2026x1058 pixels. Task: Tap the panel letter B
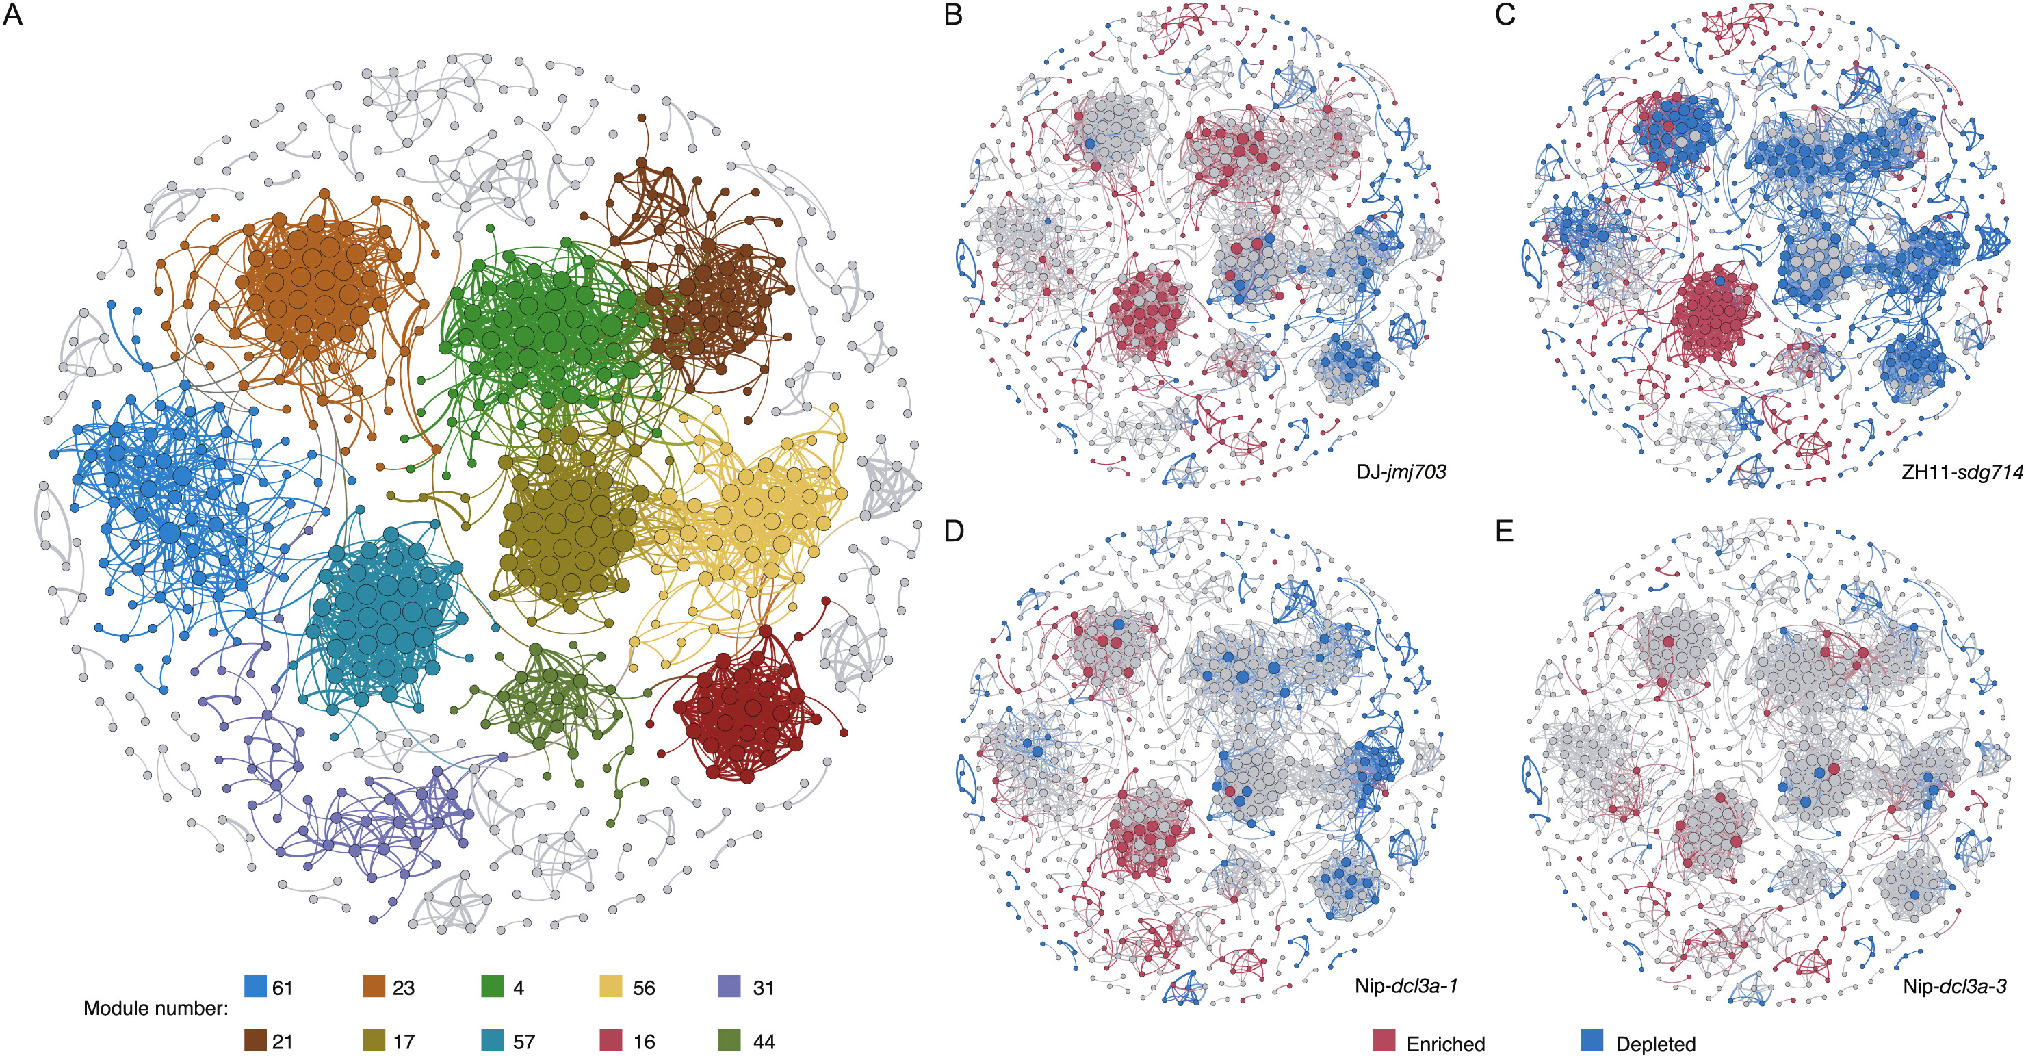tap(952, 14)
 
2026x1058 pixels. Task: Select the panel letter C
tap(1505, 14)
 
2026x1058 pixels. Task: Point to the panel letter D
tap(953, 531)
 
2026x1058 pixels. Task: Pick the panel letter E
tap(1504, 531)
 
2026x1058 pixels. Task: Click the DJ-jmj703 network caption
tap(1401, 472)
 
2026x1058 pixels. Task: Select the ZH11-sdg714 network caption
tap(1962, 472)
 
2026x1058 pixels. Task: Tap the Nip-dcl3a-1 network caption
tap(1405, 985)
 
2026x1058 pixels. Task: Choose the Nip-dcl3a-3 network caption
tap(1953, 985)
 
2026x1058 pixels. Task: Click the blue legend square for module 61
tap(256, 986)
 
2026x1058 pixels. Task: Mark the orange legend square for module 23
tap(374, 986)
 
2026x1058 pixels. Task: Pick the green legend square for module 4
tap(493, 986)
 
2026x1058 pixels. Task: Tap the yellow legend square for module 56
tap(611, 986)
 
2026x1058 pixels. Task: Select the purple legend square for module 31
tap(730, 986)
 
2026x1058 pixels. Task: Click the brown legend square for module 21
tap(256, 1040)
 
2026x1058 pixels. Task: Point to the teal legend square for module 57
tap(493, 1040)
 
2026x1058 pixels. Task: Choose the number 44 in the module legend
tap(764, 1042)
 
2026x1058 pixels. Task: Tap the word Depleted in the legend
tap(1656, 1044)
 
